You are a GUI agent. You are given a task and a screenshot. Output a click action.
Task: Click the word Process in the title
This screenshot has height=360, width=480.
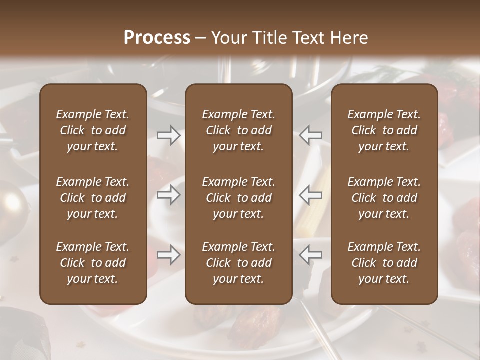[x=157, y=37]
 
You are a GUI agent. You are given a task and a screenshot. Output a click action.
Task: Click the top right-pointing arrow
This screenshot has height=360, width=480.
[x=168, y=135]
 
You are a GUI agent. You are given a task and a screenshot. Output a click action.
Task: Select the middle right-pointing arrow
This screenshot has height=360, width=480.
[x=168, y=195]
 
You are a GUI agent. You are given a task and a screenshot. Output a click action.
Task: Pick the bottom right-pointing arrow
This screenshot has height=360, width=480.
[x=168, y=255]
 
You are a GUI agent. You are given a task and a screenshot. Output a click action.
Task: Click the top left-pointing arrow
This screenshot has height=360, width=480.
[x=311, y=135]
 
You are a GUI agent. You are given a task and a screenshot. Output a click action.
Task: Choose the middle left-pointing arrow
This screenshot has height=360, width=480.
[x=311, y=195]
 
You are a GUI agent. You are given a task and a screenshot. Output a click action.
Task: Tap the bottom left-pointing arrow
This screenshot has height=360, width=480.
[x=311, y=255]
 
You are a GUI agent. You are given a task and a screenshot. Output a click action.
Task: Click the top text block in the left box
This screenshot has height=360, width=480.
[x=93, y=130]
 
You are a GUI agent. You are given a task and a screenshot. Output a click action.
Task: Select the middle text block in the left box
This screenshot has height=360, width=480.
[x=93, y=198]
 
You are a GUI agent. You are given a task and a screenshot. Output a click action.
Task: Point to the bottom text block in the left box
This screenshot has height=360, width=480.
[x=93, y=263]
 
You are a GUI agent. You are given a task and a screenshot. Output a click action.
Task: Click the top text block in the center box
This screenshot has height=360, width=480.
[x=239, y=130]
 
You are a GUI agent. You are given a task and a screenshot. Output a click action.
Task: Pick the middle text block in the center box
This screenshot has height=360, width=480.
[x=239, y=198]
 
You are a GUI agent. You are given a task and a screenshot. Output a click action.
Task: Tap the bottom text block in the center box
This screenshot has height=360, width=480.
[x=239, y=263]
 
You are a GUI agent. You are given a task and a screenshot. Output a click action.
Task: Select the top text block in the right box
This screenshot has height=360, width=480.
[x=384, y=130]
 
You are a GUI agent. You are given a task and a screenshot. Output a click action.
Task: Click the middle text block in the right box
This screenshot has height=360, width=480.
[x=384, y=198]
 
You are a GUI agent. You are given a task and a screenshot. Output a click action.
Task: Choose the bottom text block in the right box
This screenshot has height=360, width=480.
[x=384, y=263]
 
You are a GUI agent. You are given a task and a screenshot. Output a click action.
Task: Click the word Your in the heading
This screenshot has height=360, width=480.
[x=228, y=37]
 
